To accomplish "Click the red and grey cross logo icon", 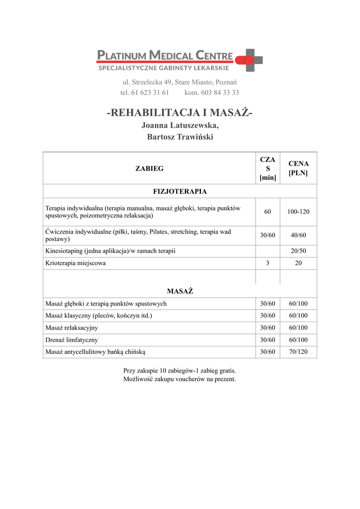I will click(252, 60).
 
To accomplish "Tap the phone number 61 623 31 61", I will click(150, 92).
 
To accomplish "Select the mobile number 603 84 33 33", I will click(219, 92).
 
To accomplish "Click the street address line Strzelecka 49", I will click(180, 82).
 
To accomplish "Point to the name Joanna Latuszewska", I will click(180, 126).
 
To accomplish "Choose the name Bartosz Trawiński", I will click(180, 137).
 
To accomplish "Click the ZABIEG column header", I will click(149, 169).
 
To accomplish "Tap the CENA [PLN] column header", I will click(298, 169).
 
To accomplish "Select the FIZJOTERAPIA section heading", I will click(180, 191).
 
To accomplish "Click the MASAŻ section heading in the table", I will click(180, 291).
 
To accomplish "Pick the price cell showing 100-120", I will click(298, 212).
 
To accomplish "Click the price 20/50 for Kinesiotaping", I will click(298, 251).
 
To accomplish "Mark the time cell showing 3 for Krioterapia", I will click(268, 263).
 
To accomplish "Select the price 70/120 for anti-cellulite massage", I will click(298, 352).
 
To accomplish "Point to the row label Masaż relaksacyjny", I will click(72, 328).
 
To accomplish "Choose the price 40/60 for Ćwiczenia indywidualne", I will click(298, 235).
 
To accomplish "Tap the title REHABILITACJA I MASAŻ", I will click(180, 113).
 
